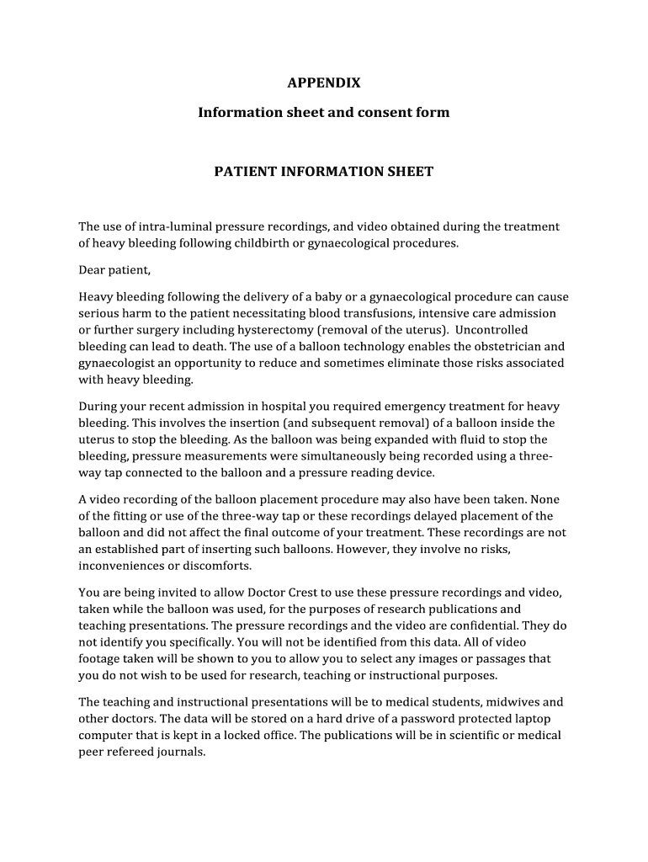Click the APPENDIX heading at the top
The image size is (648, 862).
(x=324, y=82)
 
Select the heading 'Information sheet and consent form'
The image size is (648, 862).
(x=324, y=112)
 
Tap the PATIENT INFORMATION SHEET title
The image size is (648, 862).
(x=324, y=172)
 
